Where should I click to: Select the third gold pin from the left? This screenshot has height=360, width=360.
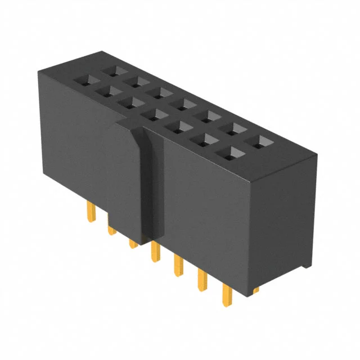coord(133,242)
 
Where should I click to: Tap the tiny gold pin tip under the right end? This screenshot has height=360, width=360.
coord(256,290)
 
